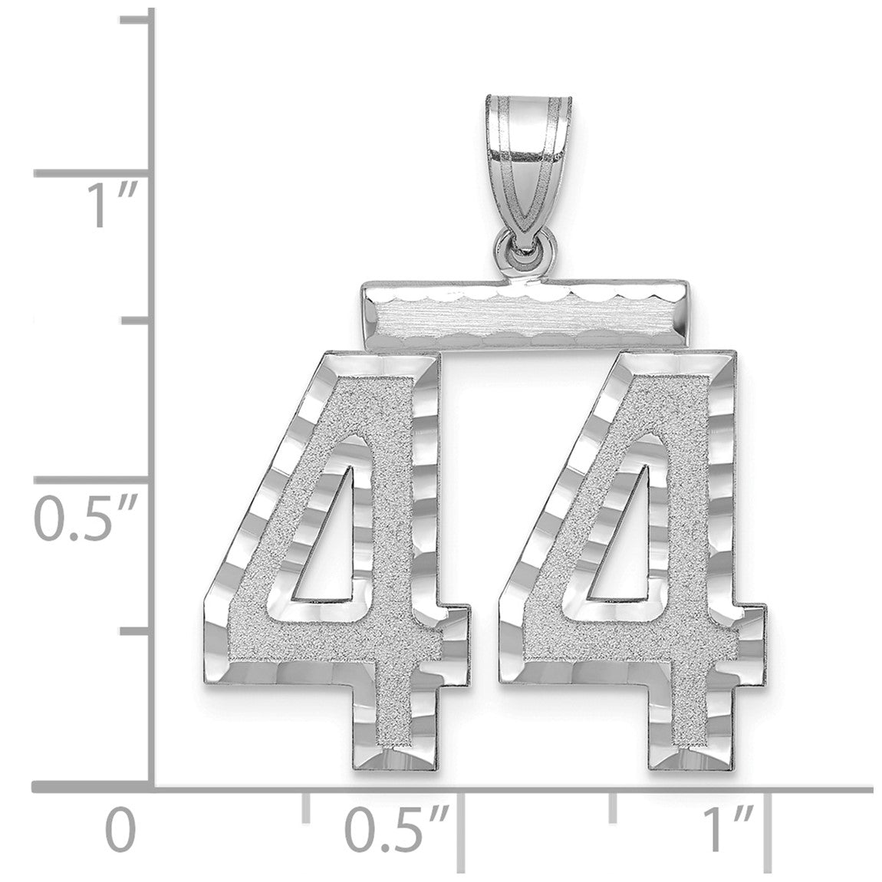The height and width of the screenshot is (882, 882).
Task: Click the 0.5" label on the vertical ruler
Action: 87,518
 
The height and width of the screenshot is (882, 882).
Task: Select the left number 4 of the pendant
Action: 336,560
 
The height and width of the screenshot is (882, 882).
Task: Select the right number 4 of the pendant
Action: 632,560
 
